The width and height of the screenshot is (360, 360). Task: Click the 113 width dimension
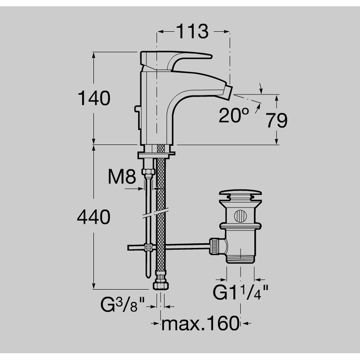(x=193, y=31)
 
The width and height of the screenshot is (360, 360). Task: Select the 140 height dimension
(x=94, y=98)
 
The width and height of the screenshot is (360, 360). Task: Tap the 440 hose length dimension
(x=94, y=217)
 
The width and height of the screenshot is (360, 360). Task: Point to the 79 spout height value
(x=277, y=121)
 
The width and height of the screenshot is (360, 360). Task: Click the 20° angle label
(x=234, y=115)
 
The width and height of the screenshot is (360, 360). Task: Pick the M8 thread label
(x=122, y=176)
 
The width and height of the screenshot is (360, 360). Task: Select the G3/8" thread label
(x=122, y=305)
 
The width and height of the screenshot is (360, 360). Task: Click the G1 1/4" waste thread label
(x=240, y=292)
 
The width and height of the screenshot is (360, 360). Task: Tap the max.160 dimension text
(x=200, y=323)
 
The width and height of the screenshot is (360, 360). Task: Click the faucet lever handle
(x=175, y=61)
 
